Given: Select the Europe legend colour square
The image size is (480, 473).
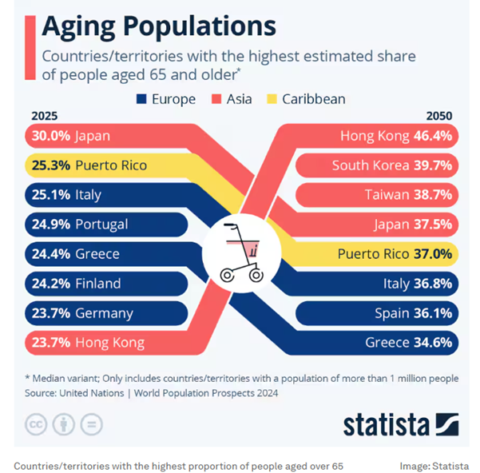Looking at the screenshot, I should pyautogui.click(x=143, y=100).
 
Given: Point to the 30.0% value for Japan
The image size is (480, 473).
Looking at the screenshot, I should pyautogui.click(x=51, y=136).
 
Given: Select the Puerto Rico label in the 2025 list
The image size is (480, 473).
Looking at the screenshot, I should pyautogui.click(x=111, y=165).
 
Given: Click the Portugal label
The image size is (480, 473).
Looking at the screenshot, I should pyautogui.click(x=101, y=225).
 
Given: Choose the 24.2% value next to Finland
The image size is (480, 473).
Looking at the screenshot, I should pyautogui.click(x=51, y=284).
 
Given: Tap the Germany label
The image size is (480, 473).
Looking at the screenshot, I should pyautogui.click(x=104, y=313).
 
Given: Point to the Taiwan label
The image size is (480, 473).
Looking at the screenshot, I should pyautogui.click(x=386, y=195).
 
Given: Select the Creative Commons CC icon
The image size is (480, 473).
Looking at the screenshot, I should pyautogui.click(x=36, y=423).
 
